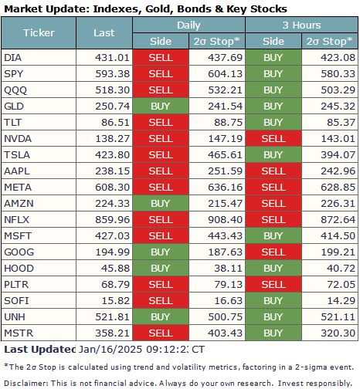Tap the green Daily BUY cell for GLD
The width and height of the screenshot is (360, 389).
160,106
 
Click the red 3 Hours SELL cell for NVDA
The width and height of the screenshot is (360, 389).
273,137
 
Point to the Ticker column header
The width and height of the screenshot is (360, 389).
39,33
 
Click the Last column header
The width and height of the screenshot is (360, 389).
104,33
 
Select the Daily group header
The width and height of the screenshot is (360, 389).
188,25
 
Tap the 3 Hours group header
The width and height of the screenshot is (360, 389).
301,25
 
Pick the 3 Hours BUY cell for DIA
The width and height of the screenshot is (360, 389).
273,58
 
